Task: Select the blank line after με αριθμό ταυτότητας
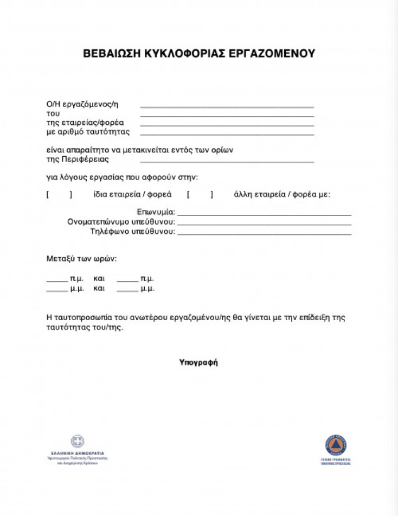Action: [227, 133]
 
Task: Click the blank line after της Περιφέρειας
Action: [227, 161]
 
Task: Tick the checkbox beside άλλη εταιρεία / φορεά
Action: [200, 195]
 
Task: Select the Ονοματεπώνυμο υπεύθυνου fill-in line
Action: [264, 223]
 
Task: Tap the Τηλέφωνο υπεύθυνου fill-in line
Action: [264, 233]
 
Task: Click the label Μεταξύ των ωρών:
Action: [82, 259]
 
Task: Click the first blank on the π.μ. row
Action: [56, 280]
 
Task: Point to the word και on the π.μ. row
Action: [99, 279]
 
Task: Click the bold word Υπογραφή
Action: [198, 362]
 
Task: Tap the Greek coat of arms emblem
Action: [78, 442]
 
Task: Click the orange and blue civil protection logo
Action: [336, 445]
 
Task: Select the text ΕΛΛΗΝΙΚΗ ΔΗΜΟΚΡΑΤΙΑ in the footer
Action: [78, 453]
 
